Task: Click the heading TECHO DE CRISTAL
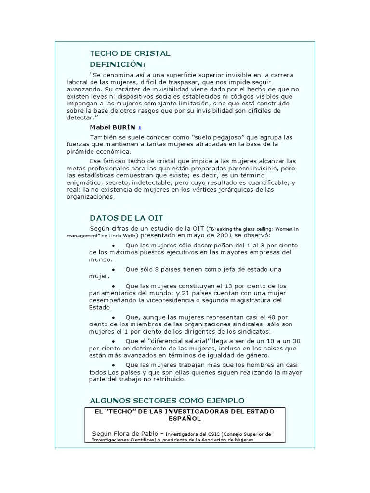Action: click(130, 53)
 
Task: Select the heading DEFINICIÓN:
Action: click(118, 64)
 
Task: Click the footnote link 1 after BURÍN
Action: click(140, 128)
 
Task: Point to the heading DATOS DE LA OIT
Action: click(127, 218)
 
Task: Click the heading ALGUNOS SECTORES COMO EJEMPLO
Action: click(167, 401)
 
